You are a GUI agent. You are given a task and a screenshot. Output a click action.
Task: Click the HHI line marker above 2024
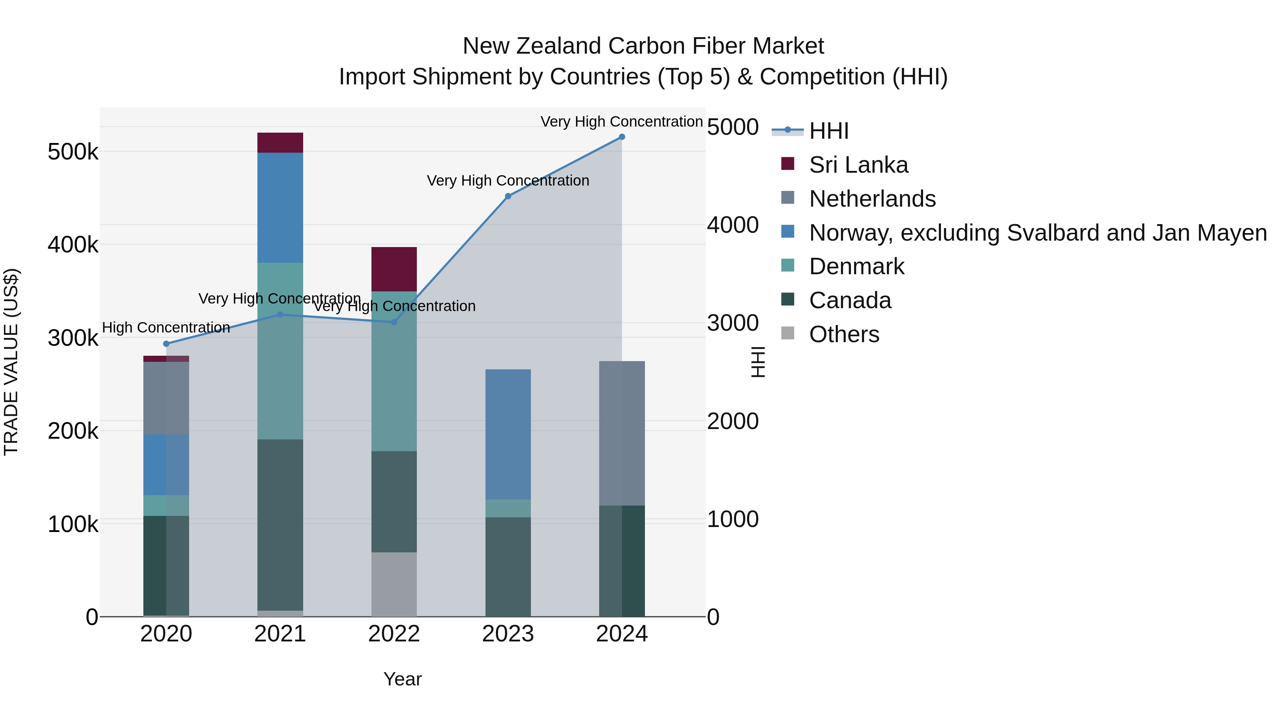pyautogui.click(x=622, y=137)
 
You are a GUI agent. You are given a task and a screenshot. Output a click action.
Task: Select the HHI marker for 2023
pyautogui.click(x=508, y=196)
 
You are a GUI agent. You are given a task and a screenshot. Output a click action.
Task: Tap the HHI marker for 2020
pyautogui.click(x=166, y=344)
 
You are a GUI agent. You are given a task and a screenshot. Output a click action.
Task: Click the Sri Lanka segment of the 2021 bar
pyautogui.click(x=280, y=143)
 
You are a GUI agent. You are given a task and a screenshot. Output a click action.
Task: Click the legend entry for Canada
pyautogui.click(x=849, y=300)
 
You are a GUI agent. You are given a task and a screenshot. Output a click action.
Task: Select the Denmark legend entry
pyautogui.click(x=856, y=266)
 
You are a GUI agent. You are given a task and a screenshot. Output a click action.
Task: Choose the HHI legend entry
pyautogui.click(x=828, y=131)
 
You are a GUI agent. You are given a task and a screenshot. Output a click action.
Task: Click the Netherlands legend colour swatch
pyautogui.click(x=787, y=198)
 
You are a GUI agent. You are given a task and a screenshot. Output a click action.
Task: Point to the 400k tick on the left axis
pyautogui.click(x=73, y=245)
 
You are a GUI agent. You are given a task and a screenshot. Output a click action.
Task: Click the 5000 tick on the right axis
pyautogui.click(x=733, y=127)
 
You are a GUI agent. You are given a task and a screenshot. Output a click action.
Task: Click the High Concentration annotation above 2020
pyautogui.click(x=166, y=328)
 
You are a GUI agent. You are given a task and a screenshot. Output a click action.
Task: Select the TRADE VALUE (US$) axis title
pyautogui.click(x=11, y=362)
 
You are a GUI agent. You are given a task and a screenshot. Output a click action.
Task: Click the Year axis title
pyautogui.click(x=402, y=679)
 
